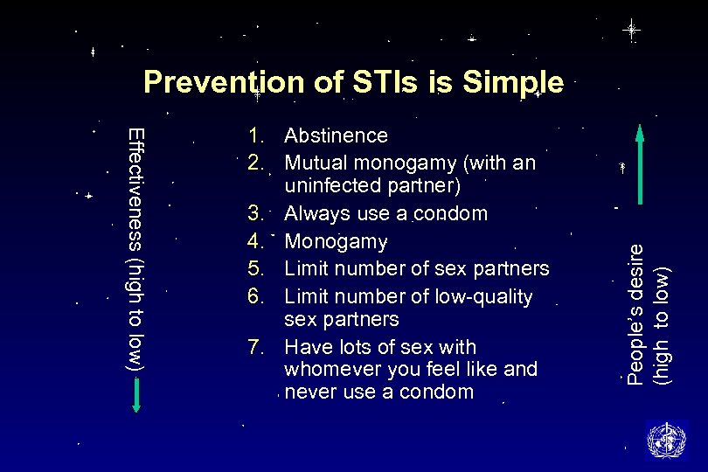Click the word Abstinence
(336, 135)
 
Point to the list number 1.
(255, 135)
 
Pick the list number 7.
(255, 346)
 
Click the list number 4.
(255, 240)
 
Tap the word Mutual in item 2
(314, 163)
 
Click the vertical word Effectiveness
(136, 187)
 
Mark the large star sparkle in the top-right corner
(631, 30)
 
